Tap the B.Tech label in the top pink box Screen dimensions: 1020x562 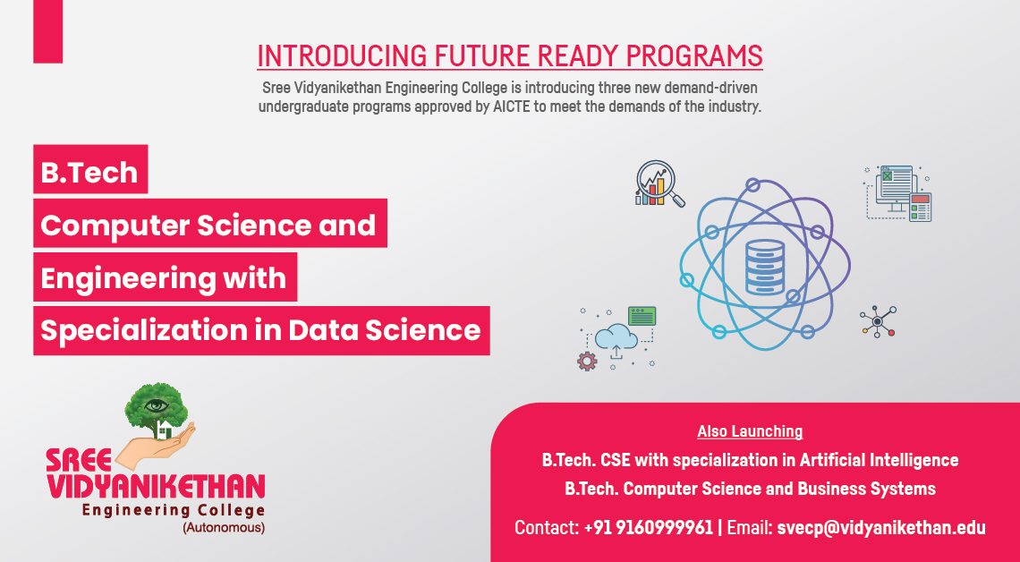(89, 173)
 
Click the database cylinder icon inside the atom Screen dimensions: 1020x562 (765, 267)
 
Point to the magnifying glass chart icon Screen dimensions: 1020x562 (659, 183)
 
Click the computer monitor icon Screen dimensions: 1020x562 (898, 193)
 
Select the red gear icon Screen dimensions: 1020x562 (587, 361)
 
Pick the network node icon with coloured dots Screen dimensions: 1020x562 (878, 321)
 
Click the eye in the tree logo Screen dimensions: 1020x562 (156, 406)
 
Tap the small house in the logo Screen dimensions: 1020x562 (164, 430)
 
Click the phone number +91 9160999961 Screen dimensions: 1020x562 (649, 527)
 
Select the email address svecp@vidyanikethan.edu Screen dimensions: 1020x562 (881, 527)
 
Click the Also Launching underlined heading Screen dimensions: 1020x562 (750, 431)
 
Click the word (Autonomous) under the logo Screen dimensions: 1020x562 (223, 527)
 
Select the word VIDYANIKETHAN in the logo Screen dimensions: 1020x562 (156, 487)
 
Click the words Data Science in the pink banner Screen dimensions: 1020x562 (385, 330)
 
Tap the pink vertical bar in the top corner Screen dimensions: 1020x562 (48, 31)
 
